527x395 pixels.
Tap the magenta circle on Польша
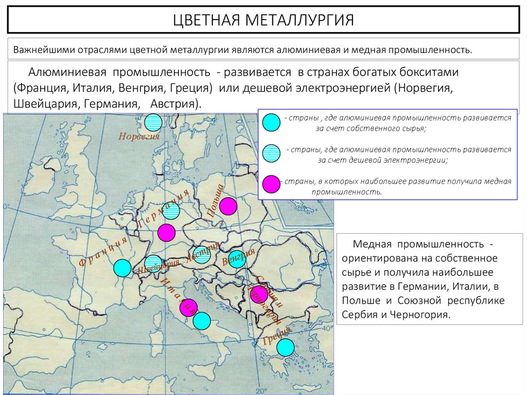[228, 206]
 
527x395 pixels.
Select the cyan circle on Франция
[122, 268]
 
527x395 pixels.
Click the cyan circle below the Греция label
[285, 347]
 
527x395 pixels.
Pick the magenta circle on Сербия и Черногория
[259, 294]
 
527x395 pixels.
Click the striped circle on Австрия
[201, 256]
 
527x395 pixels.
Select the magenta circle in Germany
[166, 232]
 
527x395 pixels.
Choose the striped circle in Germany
[170, 211]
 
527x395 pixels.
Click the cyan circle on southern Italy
[202, 321]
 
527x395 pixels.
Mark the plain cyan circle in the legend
[271, 122]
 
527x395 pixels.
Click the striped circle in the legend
[271, 153]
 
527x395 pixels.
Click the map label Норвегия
[139, 137]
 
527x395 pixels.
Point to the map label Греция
[277, 335]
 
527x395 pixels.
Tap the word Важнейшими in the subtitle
[44, 50]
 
